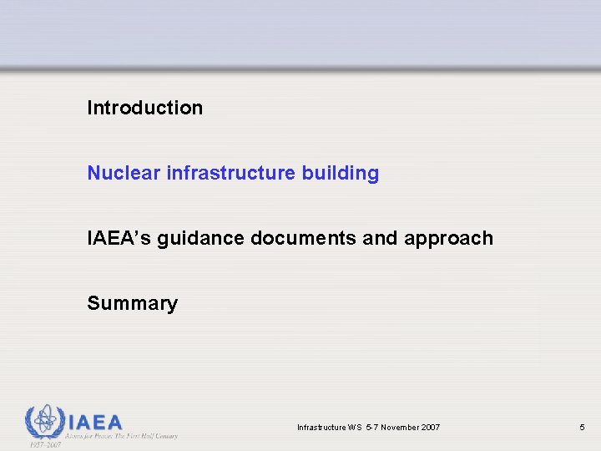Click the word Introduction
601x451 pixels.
coord(144,108)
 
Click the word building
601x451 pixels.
coord(341,174)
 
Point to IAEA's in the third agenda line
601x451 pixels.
coord(119,238)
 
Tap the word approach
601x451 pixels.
coord(448,239)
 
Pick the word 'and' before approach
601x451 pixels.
coord(381,238)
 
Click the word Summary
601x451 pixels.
coord(132,303)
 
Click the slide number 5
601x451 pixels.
coord(582,428)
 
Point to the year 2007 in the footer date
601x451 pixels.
coord(430,428)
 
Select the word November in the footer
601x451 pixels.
coord(397,428)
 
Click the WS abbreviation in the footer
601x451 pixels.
coord(353,428)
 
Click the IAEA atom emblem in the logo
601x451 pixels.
coord(43,422)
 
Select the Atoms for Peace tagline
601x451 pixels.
coord(122,435)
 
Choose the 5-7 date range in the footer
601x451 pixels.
coord(370,428)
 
